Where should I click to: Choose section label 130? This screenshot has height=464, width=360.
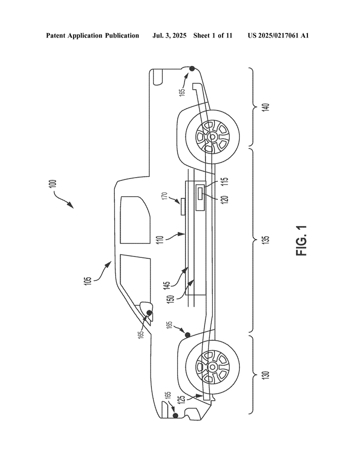tap(267, 375)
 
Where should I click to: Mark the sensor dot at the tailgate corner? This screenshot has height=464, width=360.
tap(192, 69)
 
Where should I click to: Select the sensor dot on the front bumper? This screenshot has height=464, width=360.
tap(175, 416)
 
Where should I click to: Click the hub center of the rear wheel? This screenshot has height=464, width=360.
tap(212, 137)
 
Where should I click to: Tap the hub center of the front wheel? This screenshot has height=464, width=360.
tap(212, 367)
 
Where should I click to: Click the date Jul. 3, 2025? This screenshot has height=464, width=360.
tap(169, 36)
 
